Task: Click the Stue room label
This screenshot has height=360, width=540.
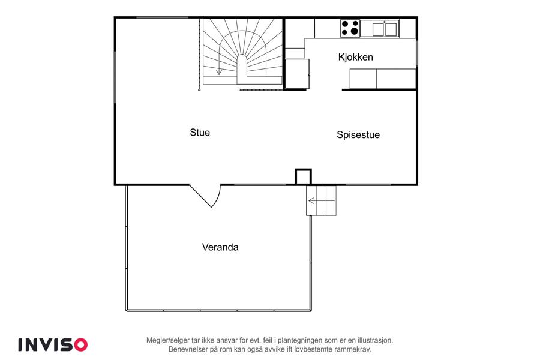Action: click(x=200, y=133)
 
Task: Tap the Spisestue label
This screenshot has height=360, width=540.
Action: click(x=358, y=134)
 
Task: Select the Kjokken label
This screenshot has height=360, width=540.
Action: click(x=355, y=57)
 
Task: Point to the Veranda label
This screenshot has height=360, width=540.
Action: click(x=220, y=247)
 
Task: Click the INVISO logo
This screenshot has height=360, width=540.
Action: click(x=53, y=344)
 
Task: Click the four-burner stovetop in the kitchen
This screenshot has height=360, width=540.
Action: click(x=350, y=28)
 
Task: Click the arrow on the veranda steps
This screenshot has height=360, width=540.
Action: click(x=322, y=200)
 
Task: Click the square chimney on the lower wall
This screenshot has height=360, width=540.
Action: click(x=304, y=177)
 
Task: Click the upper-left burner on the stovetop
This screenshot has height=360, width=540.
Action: click(x=345, y=24)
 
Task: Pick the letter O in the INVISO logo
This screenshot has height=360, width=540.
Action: click(x=80, y=344)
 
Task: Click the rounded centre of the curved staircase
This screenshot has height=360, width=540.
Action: click(x=242, y=65)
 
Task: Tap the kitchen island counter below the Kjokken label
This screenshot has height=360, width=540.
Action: click(x=383, y=79)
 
